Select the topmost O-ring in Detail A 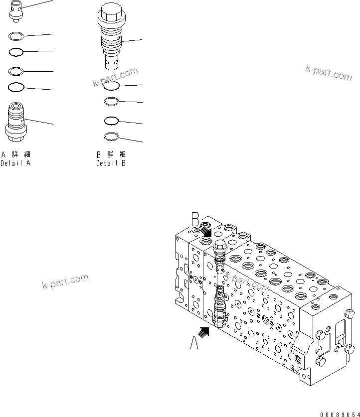pyautogui.click(x=16, y=36)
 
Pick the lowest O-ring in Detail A pyautogui.click(x=16, y=88)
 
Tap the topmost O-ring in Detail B pyautogui.click(x=112, y=85)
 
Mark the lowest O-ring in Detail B pyautogui.click(x=111, y=136)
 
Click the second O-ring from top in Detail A pyautogui.click(x=16, y=51)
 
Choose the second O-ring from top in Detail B pyautogui.click(x=111, y=102)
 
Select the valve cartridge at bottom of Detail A pyautogui.click(x=16, y=121)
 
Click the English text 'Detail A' pyautogui.click(x=15, y=163)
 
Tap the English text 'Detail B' pyautogui.click(x=111, y=163)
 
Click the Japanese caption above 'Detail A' pyautogui.click(x=15, y=154)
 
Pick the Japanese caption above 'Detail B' pyautogui.click(x=111, y=154)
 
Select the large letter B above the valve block pyautogui.click(x=196, y=219)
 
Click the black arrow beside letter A pyautogui.click(x=205, y=331)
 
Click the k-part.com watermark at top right pyautogui.click(x=329, y=73)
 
